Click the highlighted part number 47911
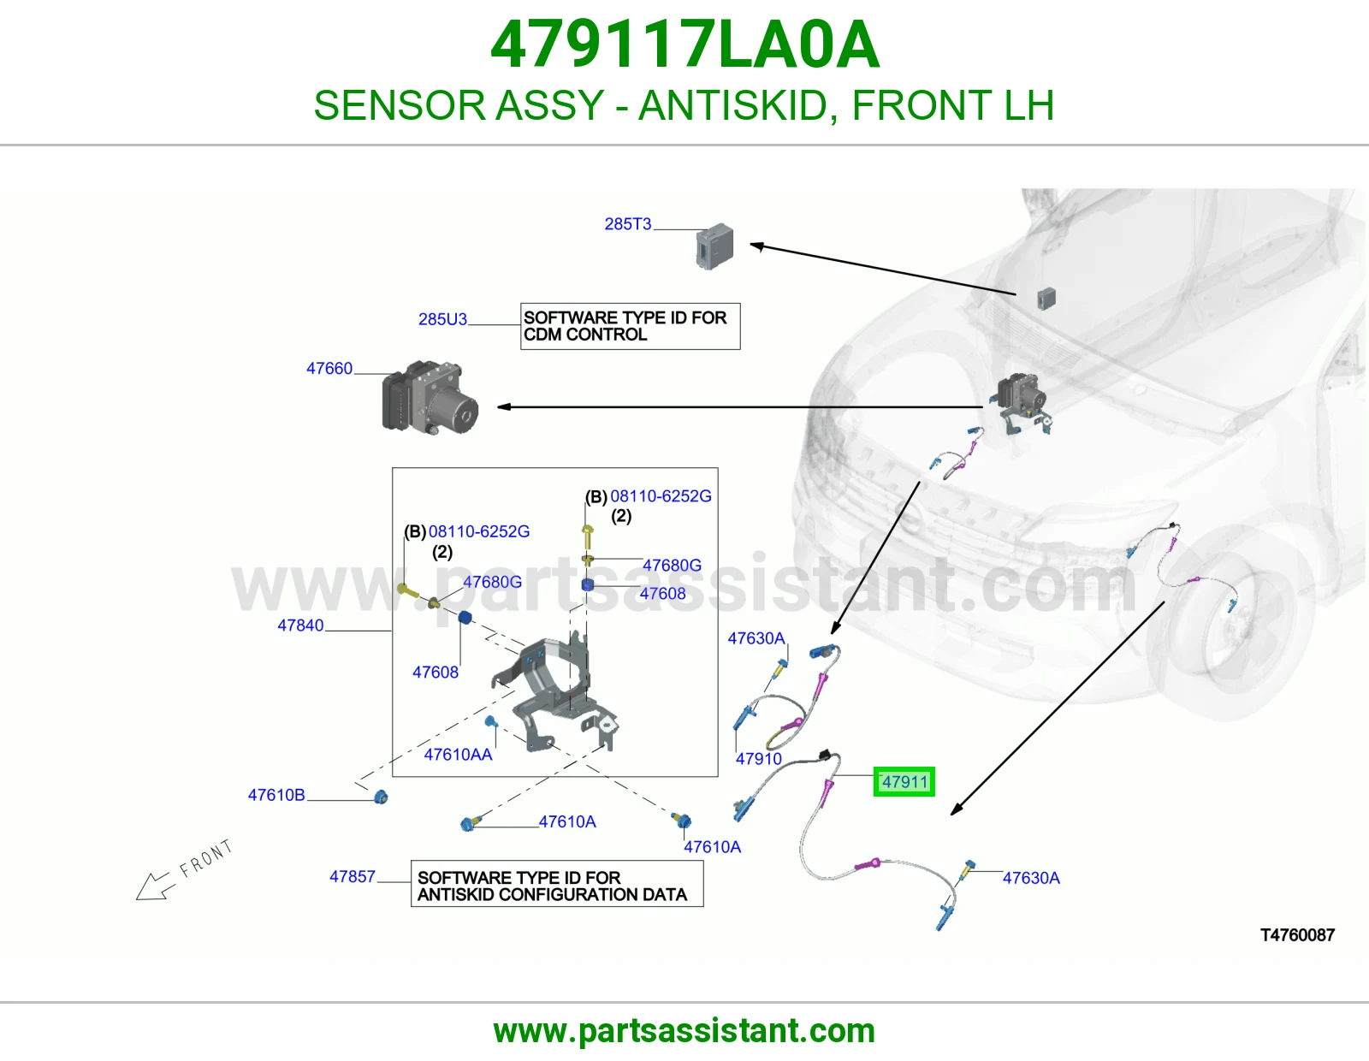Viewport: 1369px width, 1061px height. (904, 782)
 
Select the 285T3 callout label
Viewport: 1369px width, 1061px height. (627, 224)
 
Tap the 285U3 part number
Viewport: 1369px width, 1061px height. (442, 319)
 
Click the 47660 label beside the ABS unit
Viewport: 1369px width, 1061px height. (329, 369)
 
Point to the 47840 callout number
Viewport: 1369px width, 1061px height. (300, 625)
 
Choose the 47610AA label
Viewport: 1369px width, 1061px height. (458, 755)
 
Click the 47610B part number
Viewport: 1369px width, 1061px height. (276, 795)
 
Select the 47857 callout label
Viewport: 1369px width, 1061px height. (353, 876)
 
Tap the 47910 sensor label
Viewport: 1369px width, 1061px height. (759, 759)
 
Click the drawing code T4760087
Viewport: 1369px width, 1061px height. (1297, 935)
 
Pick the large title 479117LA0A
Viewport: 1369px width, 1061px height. (684, 45)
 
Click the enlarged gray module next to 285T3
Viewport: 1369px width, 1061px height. (714, 246)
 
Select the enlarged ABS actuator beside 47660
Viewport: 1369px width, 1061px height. (430, 398)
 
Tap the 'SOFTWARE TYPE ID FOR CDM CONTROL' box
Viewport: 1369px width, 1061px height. (630, 326)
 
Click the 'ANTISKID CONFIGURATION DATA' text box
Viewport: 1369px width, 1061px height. (557, 884)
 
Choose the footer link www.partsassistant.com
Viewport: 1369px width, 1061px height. (684, 1031)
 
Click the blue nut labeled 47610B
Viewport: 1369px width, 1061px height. (381, 797)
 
